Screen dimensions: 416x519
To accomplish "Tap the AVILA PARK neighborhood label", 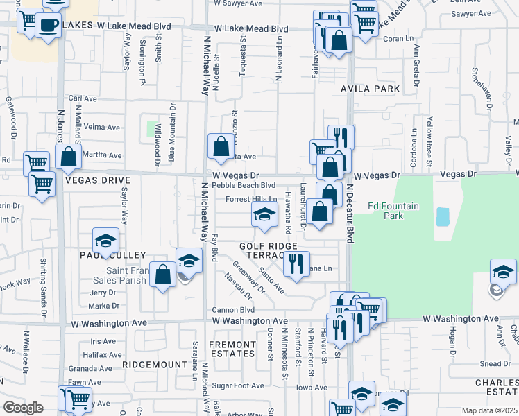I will click(370, 89).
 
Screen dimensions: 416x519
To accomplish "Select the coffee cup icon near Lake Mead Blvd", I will click(47, 26).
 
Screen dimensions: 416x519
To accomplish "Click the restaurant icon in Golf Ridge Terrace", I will click(296, 264).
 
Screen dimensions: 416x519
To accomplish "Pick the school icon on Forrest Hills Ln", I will click(264, 216).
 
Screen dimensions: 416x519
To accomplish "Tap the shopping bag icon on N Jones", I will click(69, 157).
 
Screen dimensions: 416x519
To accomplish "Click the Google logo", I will click(23, 408).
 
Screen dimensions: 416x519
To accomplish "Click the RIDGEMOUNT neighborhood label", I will click(151, 363).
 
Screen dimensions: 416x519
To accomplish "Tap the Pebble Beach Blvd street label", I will click(244, 185).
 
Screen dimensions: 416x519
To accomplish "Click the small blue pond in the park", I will click(442, 217).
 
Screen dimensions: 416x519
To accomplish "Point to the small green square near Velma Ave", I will click(151, 128).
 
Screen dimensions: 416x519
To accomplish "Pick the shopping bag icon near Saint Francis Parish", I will click(162, 275).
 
